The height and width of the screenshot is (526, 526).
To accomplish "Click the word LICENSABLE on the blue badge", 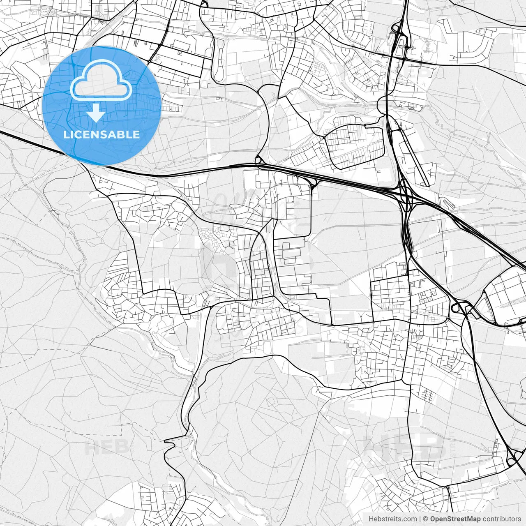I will pos(102,134).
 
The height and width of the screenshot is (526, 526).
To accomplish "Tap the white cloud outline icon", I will pos(102,80).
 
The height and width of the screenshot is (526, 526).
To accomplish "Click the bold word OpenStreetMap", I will pos(455,519).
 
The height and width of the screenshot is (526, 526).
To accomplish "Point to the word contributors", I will pos(501,519).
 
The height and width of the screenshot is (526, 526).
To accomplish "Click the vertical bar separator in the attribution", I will pos(420,519).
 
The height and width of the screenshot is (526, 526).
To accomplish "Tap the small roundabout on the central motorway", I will pos(258,160).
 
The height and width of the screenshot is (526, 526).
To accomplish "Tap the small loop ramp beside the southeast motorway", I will pos(456,306).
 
